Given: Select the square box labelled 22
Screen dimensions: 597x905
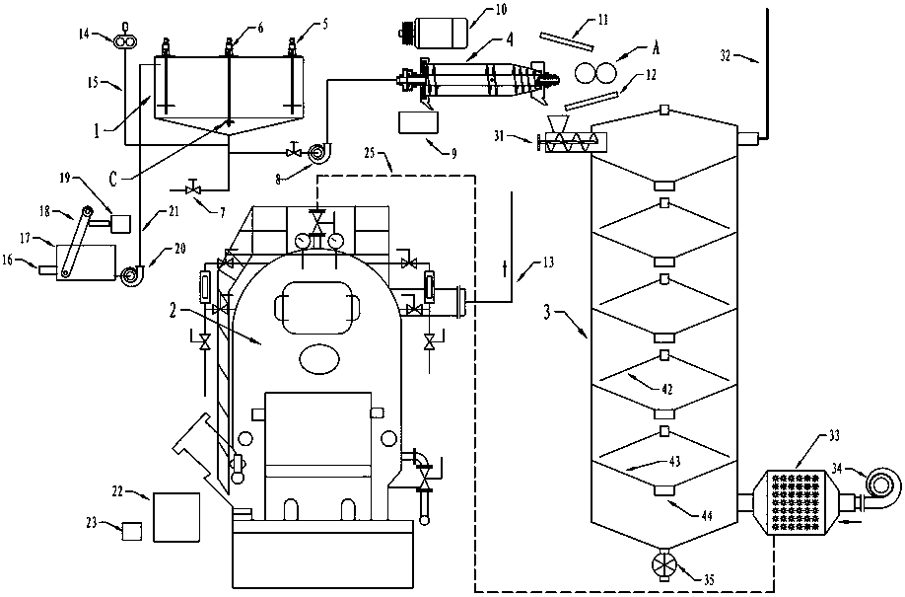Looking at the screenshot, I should pos(176,515).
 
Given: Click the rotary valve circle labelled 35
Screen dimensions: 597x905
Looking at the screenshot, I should pos(659,567).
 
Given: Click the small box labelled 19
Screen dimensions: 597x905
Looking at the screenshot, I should pos(121,223).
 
